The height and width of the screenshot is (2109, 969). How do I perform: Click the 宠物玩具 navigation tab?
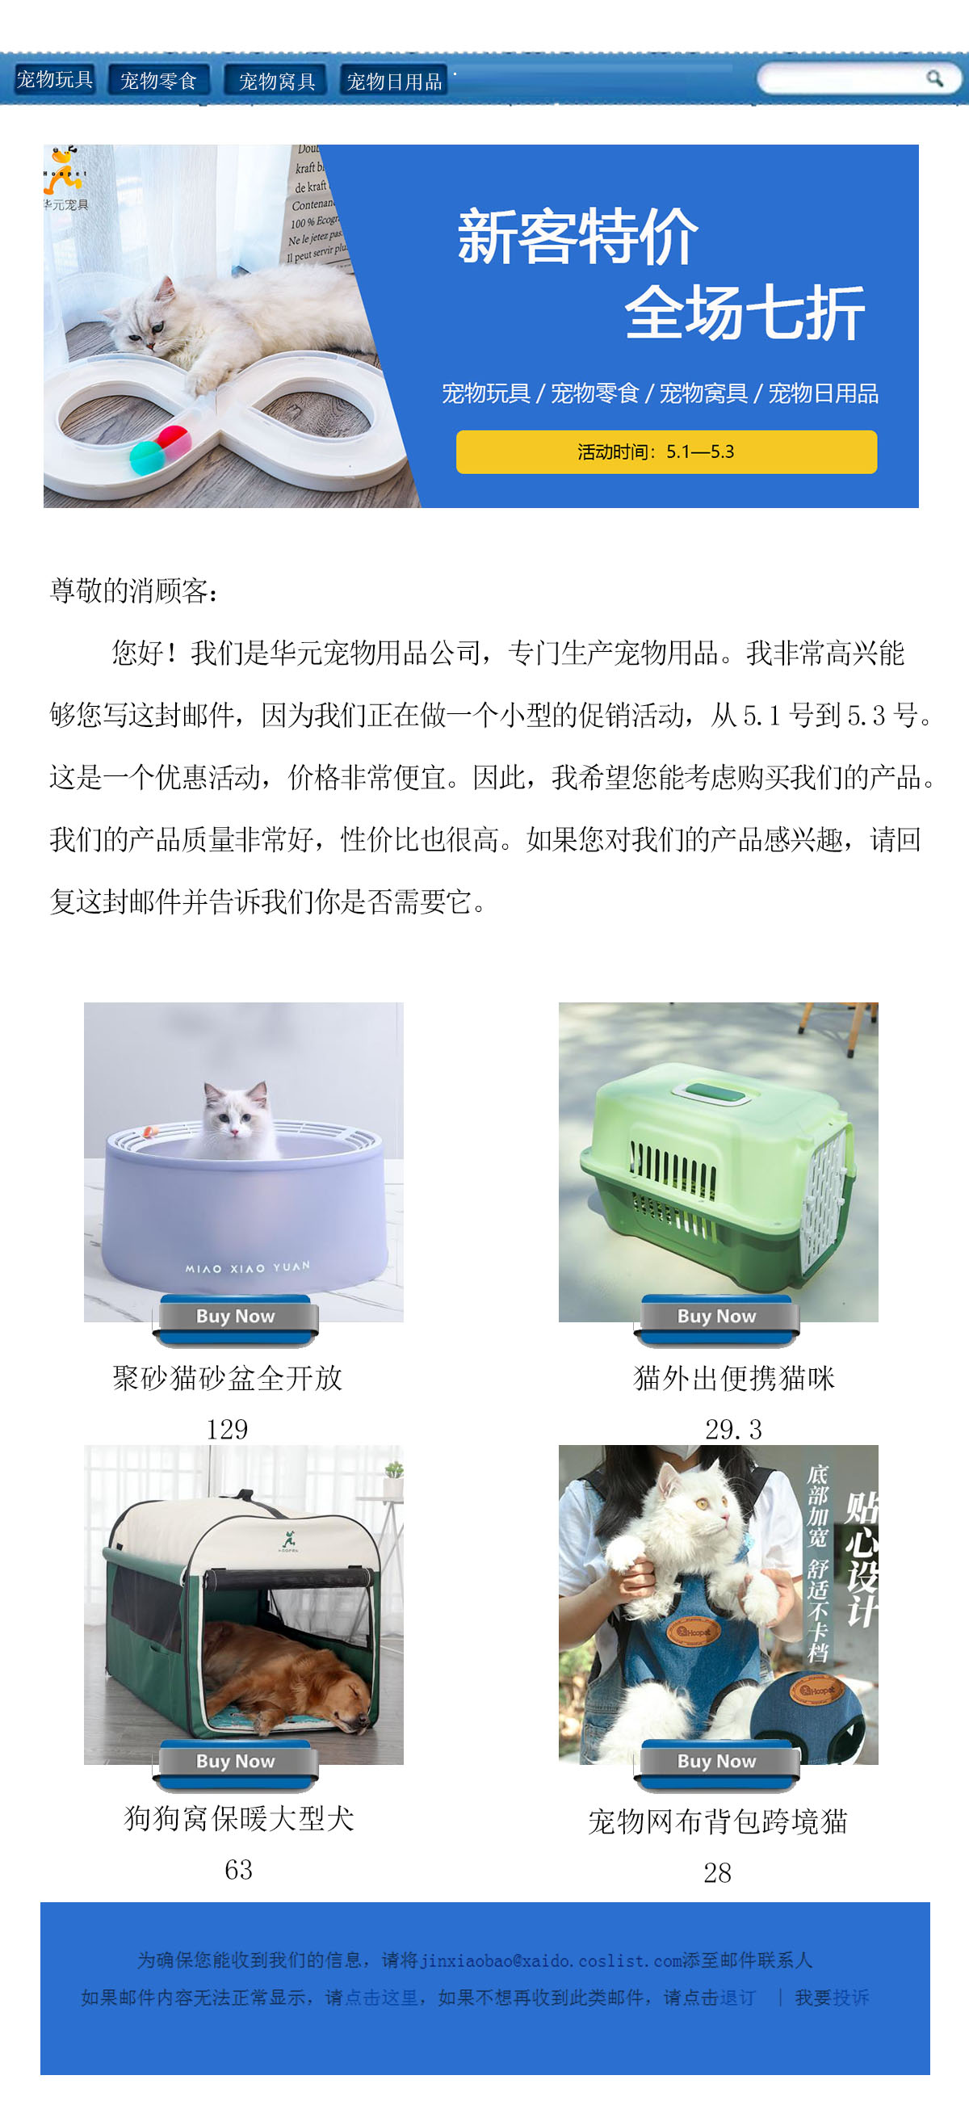pyautogui.click(x=54, y=79)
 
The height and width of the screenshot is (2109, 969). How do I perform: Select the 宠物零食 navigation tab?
pyautogui.click(x=159, y=81)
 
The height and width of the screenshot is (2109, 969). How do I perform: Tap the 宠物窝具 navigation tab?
pyautogui.click(x=277, y=81)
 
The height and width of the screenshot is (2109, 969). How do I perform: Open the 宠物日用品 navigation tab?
pyautogui.click(x=394, y=81)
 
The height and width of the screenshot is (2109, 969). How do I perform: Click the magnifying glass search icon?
pyautogui.click(x=934, y=78)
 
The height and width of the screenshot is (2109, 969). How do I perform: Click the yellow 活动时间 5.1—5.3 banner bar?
pyautogui.click(x=665, y=452)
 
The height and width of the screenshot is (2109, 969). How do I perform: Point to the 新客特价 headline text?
pyautogui.click(x=577, y=237)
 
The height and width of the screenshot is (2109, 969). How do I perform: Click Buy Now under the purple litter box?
pyautogui.click(x=235, y=1316)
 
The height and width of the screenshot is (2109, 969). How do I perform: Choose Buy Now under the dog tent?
pyautogui.click(x=235, y=1760)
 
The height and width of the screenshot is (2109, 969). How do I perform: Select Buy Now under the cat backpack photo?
pyautogui.click(x=716, y=1760)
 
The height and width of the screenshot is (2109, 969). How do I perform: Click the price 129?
pyautogui.click(x=227, y=1429)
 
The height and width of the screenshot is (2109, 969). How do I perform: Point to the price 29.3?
pyautogui.click(x=733, y=1429)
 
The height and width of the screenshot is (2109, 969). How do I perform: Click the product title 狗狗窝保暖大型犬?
pyautogui.click(x=239, y=1818)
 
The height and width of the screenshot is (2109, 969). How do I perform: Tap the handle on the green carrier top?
pyautogui.click(x=711, y=1092)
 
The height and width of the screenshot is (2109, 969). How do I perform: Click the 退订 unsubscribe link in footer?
pyautogui.click(x=737, y=1997)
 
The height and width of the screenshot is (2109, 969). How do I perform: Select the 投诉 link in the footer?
pyautogui.click(x=850, y=1997)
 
